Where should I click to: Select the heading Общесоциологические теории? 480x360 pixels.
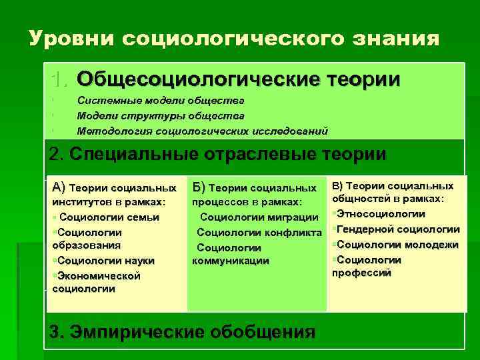point(239,79)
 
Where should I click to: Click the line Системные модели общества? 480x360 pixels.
point(161,101)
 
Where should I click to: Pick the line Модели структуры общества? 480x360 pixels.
point(156,115)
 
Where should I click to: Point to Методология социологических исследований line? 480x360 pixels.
point(202,130)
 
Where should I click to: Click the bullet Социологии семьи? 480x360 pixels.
point(107,217)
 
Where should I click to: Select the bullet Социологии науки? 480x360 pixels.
point(105,260)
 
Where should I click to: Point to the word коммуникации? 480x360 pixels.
point(231,261)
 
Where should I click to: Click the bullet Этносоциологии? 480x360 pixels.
point(381,213)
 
